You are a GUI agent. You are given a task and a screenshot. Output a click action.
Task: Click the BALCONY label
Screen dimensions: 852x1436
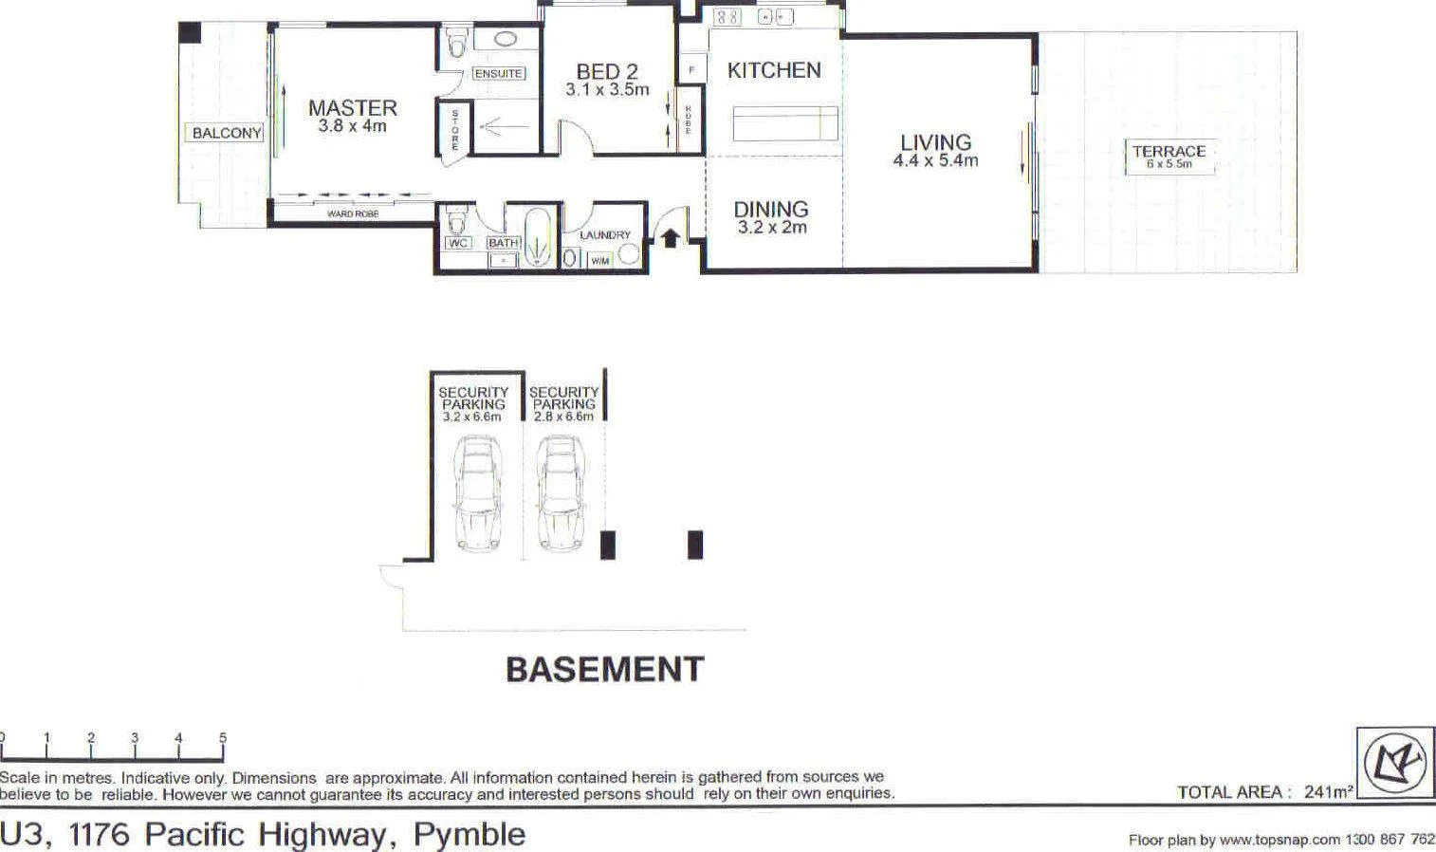(227, 133)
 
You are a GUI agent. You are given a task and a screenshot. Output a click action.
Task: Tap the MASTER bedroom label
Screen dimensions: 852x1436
(352, 108)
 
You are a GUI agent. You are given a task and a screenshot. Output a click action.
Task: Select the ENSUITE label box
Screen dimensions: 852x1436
(498, 73)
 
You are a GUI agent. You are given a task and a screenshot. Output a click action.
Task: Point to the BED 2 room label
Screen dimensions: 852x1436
(607, 71)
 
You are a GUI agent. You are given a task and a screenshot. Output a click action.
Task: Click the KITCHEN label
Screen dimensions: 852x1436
(774, 70)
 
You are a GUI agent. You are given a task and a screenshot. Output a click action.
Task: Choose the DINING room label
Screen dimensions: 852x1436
(771, 209)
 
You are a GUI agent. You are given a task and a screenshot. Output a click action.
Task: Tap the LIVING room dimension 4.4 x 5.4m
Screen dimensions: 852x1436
(935, 160)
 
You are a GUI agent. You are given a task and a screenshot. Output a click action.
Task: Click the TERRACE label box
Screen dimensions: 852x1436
(1169, 157)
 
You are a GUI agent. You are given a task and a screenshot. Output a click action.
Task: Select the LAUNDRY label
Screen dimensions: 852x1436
(605, 234)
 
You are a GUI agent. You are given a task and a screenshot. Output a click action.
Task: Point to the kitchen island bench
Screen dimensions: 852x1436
(784, 123)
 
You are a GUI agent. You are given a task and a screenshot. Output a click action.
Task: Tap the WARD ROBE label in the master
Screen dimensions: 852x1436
(353, 213)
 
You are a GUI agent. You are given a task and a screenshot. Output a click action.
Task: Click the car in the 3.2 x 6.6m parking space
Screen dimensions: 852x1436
(476, 492)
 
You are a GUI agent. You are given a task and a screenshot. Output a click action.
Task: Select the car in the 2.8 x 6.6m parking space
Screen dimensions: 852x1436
(560, 492)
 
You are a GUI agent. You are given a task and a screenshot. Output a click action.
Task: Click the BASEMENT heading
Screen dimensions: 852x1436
(605, 670)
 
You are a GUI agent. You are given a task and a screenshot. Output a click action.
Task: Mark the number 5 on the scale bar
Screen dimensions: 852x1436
(223, 737)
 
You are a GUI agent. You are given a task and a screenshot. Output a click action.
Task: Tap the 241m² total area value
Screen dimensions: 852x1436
(1328, 791)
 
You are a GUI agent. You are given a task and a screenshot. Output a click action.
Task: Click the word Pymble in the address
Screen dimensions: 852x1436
(469, 834)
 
